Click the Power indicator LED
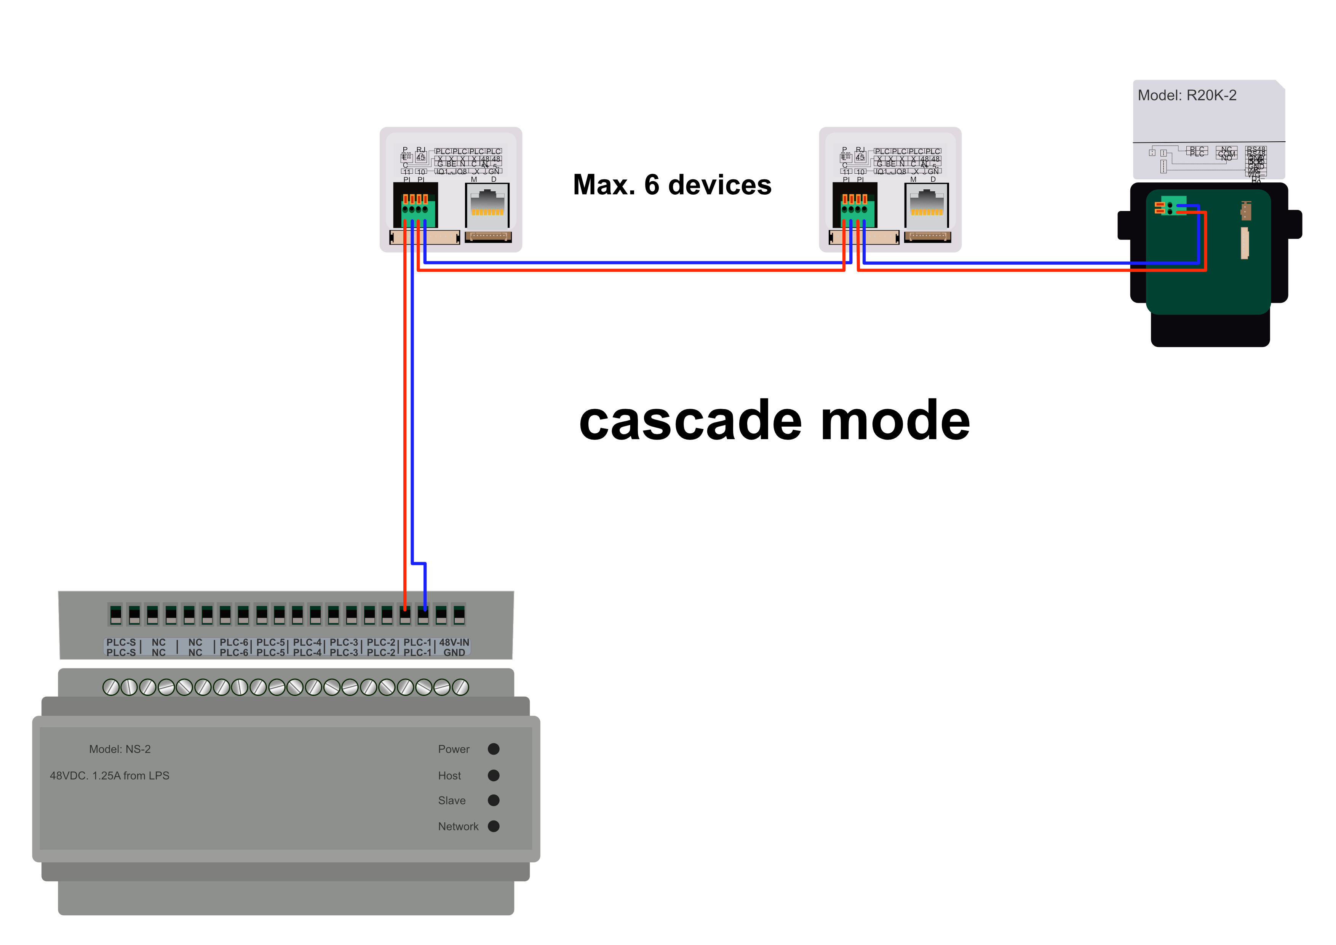494,749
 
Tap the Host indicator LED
494,775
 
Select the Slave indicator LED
494,800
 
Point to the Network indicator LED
494,826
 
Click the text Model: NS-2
120,749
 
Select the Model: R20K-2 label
1187,96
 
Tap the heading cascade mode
774,420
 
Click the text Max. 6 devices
672,185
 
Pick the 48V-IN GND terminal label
454,647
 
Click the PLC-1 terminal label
417,647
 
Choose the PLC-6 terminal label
234,647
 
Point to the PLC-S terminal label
121,647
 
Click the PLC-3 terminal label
344,647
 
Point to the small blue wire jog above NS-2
419,563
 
